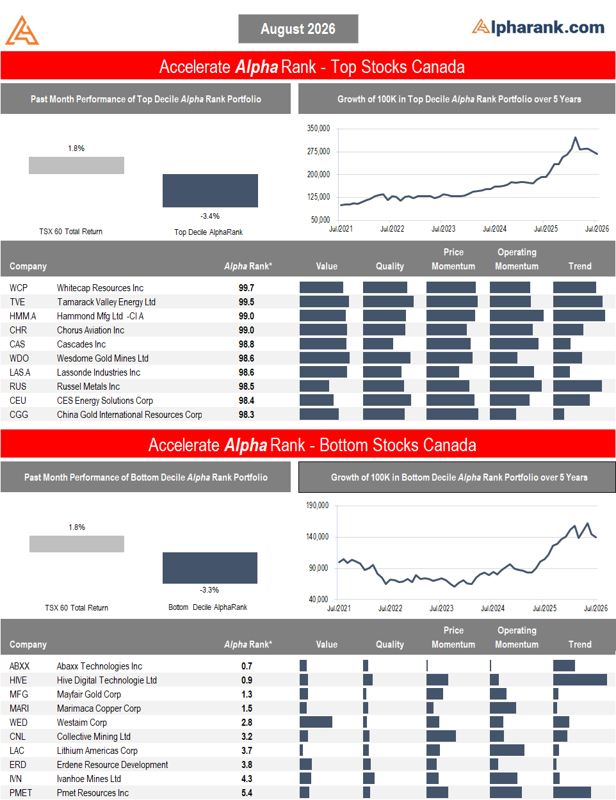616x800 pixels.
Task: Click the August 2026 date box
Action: click(298, 29)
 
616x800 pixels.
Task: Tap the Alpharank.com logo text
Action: click(539, 28)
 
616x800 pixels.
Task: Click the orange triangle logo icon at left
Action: click(22, 30)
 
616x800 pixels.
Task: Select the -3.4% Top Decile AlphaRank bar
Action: click(210, 191)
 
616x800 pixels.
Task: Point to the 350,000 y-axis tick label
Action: click(318, 129)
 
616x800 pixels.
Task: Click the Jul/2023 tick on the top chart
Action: click(443, 229)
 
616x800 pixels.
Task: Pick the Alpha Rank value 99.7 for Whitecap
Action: click(247, 288)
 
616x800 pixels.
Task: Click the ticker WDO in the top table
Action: click(19, 358)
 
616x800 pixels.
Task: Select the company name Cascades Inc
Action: click(81, 344)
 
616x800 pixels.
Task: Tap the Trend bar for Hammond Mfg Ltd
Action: click(579, 316)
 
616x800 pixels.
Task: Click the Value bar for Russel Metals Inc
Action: click(314, 386)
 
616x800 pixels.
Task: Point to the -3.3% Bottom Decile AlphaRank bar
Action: click(210, 568)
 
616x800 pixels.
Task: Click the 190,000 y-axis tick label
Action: click(318, 506)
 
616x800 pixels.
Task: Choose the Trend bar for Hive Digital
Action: click(580, 680)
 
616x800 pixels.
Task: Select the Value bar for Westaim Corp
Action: click(316, 722)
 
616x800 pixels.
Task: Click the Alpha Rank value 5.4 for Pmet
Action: click(247, 792)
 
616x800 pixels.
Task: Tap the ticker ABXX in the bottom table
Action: click(19, 666)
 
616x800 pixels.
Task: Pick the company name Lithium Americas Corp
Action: click(97, 750)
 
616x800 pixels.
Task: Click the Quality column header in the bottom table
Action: click(390, 644)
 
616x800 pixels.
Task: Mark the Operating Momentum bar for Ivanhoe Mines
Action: click(503, 778)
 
